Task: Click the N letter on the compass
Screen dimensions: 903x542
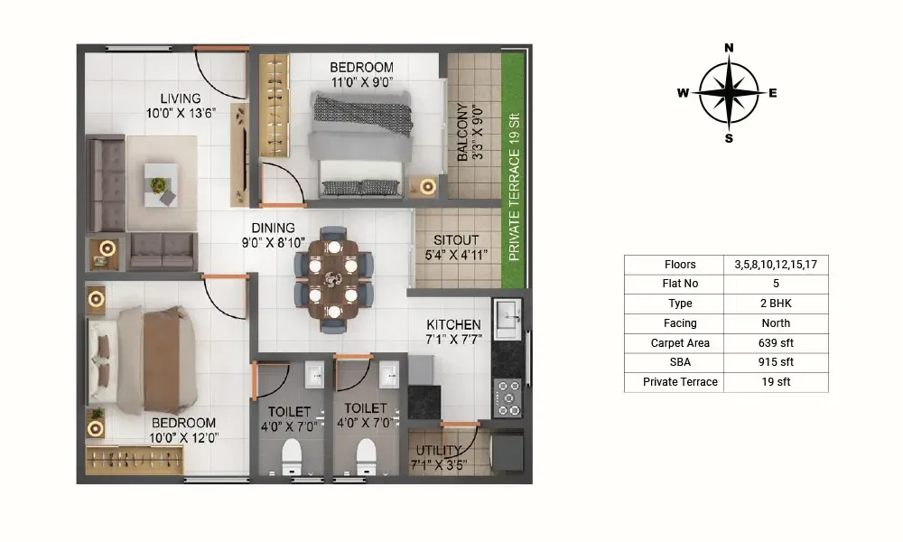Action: pos(729,48)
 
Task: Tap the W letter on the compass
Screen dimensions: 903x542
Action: pos(683,93)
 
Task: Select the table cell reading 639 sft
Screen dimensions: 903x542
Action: pos(776,342)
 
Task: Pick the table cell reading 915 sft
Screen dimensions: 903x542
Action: pos(776,362)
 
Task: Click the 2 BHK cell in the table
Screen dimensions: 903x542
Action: pos(776,304)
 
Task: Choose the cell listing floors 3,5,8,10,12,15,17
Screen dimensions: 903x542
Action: pos(776,265)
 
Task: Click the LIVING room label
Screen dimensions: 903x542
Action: pos(181,98)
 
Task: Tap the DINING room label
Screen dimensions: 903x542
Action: pos(273,228)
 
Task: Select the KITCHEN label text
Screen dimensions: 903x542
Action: pos(454,325)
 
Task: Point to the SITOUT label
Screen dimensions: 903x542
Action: pos(456,240)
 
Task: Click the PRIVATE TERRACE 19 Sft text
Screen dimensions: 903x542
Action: pos(515,187)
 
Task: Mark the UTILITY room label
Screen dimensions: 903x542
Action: pos(439,450)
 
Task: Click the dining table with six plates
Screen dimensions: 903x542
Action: pos(333,279)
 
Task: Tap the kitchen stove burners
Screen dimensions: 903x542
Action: pos(508,397)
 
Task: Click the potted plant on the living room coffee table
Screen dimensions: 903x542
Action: pos(158,185)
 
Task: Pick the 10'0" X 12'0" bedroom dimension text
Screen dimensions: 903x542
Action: pos(183,438)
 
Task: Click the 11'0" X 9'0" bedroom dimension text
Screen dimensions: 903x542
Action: pos(362,82)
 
